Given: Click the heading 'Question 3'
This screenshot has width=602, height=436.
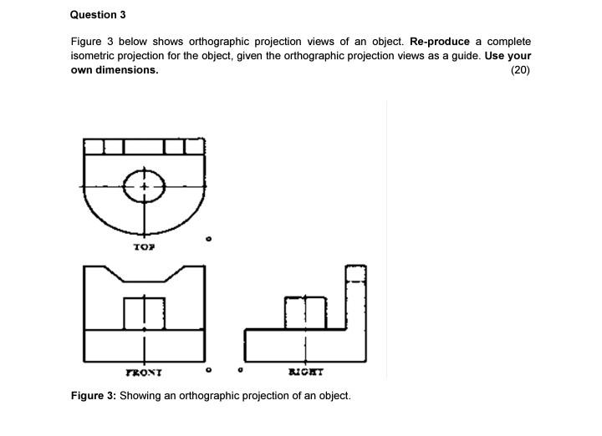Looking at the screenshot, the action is [98, 15].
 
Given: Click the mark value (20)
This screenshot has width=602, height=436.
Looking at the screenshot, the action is [520, 70].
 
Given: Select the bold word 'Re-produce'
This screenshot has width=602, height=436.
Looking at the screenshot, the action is [440, 42].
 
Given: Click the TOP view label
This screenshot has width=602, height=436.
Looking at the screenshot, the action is [144, 247].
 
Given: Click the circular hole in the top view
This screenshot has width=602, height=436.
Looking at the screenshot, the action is [144, 187].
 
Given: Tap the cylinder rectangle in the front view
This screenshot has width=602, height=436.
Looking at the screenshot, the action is [144, 312].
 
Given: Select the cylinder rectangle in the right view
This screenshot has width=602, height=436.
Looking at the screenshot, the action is [305, 312].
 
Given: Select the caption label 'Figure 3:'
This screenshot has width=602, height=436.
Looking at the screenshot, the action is [93, 395].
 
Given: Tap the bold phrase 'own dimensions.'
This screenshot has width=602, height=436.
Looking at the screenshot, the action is [115, 70].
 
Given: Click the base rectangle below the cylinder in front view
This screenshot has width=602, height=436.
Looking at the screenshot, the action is [144, 345].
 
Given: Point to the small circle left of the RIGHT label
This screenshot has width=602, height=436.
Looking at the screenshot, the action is [241, 368].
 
